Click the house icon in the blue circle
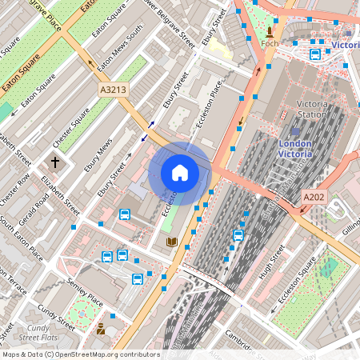[180, 173]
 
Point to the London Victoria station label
[300, 148]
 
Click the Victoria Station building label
[311, 110]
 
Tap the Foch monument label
[270, 43]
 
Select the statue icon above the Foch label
[269, 31]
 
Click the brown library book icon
[171, 242]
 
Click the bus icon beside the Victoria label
[315, 54]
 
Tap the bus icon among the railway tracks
[238, 235]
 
